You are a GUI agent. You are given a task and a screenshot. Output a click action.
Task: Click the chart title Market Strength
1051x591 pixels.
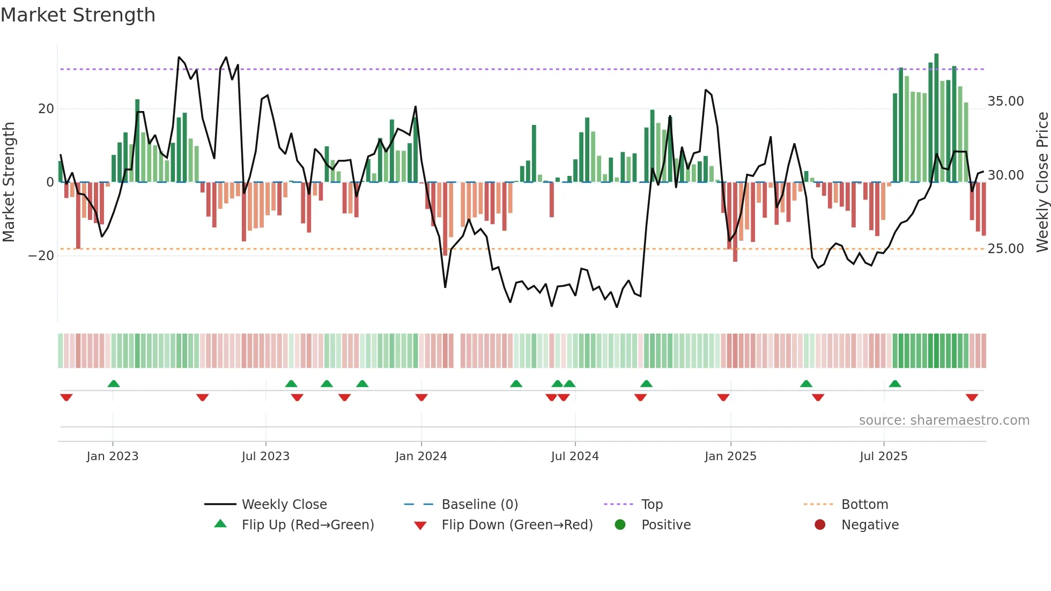tap(78, 15)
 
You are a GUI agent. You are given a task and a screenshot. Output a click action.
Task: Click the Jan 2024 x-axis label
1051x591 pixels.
tap(421, 456)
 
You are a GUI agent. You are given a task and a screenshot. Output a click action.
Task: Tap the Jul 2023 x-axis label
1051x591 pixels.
tap(265, 456)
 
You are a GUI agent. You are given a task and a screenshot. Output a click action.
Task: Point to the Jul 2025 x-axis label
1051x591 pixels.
tap(883, 456)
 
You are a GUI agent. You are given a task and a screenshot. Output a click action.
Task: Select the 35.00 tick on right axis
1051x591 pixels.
tap(1005, 101)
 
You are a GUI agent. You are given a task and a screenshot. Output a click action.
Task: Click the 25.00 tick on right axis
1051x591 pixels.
tap(1005, 249)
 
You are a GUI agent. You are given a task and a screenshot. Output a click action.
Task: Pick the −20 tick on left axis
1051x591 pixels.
tap(41, 256)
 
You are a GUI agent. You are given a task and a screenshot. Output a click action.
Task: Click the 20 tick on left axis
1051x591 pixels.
tap(46, 109)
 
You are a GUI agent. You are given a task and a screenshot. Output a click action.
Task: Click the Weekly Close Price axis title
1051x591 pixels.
tap(1042, 182)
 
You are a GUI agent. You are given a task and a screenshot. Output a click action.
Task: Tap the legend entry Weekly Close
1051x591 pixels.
tap(284, 504)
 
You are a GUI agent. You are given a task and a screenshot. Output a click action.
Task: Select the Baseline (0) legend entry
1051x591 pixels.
tap(479, 504)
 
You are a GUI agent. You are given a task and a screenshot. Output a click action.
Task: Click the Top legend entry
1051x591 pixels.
tap(652, 504)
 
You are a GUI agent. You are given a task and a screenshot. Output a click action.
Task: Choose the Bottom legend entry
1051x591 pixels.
tap(864, 504)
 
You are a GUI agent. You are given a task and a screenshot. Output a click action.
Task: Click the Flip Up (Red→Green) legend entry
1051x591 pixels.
tap(307, 524)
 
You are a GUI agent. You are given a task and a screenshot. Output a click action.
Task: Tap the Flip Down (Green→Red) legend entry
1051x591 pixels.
tap(517, 524)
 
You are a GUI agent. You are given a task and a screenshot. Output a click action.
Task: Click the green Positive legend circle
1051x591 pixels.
tap(620, 524)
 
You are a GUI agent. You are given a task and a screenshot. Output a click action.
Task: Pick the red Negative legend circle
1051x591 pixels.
tap(820, 524)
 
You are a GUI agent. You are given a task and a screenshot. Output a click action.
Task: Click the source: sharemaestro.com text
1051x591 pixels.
tap(944, 420)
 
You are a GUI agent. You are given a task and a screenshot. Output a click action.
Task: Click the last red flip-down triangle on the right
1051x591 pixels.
tap(972, 397)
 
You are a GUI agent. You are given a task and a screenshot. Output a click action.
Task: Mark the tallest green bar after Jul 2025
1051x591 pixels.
tap(936, 118)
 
